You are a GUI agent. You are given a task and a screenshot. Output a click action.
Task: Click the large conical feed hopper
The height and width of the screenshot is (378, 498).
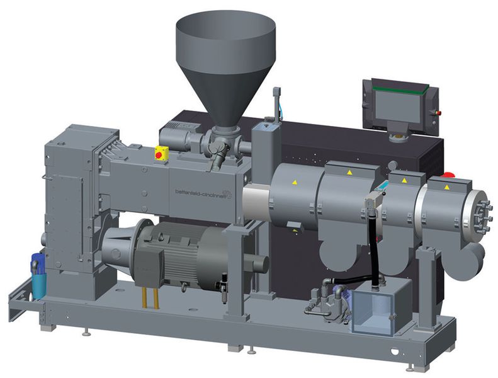pyautogui.click(x=225, y=64)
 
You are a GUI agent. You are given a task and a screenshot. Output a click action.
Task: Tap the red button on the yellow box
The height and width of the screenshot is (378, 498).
pyautogui.click(x=159, y=155)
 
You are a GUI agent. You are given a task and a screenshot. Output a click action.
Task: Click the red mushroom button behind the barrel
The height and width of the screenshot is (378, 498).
pyautogui.click(x=448, y=175)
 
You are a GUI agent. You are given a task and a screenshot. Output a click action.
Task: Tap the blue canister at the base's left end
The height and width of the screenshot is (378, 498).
pyautogui.click(x=39, y=276)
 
